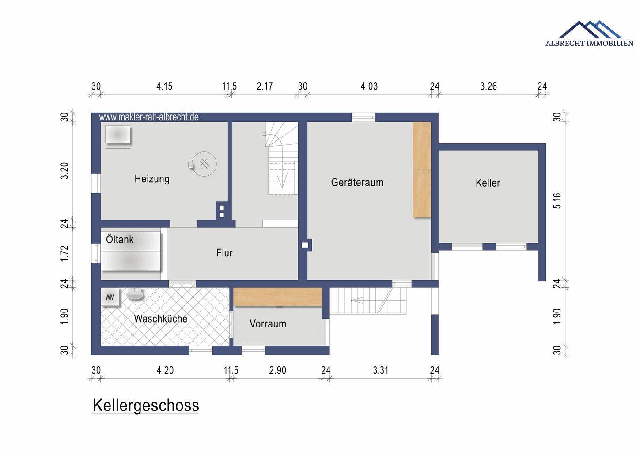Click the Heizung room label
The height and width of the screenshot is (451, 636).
152,179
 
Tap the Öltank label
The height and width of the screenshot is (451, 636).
120,240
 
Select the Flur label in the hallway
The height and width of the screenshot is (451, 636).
224,253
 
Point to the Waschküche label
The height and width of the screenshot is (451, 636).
160,319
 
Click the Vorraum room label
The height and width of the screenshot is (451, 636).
268,324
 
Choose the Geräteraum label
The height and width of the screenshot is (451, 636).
357,182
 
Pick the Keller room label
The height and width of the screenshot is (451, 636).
488,183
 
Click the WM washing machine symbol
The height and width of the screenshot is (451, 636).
110,297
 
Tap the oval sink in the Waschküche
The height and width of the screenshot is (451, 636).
135,294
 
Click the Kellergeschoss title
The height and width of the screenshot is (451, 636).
146,405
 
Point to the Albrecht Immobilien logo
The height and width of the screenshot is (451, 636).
589,34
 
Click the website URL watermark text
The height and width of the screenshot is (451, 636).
149,117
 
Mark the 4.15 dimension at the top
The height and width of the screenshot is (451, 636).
164,86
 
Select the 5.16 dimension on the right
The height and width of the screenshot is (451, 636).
557,201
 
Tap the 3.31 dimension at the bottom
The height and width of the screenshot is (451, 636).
380,370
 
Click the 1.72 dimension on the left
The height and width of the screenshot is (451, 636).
64,253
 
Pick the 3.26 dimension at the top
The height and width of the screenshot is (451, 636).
488,86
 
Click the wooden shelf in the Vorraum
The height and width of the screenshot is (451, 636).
277,297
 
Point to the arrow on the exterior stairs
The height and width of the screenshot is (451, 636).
358,301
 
